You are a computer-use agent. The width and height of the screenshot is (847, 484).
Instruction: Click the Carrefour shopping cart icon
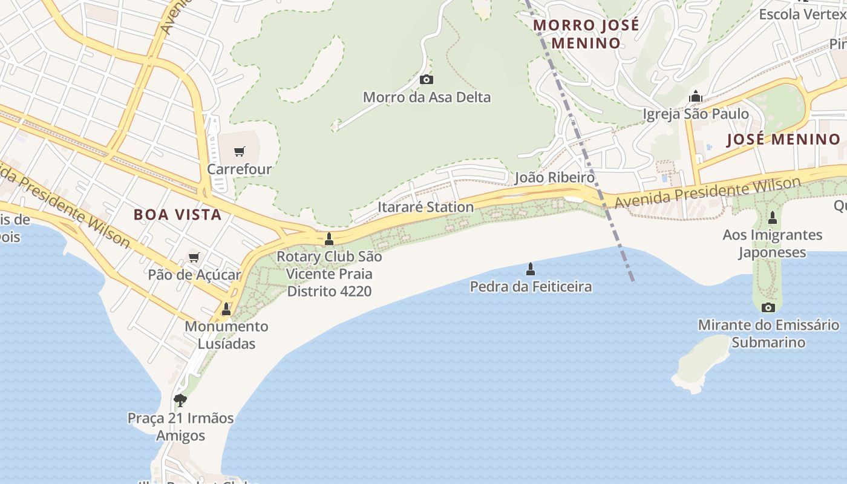240,151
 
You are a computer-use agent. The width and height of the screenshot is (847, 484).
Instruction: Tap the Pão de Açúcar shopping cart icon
194,258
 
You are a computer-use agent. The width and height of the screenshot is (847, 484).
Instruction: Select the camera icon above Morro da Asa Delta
427,79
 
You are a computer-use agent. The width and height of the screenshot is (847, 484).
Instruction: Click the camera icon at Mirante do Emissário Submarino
768,307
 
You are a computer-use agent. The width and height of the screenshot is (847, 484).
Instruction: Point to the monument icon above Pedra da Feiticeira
531,269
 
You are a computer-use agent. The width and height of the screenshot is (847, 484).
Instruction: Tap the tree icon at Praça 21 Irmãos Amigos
180,400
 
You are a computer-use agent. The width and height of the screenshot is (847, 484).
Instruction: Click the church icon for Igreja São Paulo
695,96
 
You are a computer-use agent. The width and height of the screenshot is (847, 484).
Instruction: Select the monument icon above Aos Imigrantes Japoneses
772,217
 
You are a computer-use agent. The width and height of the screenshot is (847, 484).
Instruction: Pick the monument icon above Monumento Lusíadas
226,309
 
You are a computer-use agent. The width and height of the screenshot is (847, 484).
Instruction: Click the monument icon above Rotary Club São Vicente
329,239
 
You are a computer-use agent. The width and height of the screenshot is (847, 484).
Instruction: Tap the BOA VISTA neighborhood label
177,214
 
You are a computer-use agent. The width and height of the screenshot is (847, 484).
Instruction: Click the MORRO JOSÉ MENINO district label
586,34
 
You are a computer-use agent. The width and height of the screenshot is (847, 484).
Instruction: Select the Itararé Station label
425,207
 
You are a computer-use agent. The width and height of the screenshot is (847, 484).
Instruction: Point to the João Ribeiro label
554,177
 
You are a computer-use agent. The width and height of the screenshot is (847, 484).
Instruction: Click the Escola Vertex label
802,14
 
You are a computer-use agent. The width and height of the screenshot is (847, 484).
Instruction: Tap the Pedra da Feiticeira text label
531,286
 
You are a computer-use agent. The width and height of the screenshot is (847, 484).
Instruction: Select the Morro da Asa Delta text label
427,97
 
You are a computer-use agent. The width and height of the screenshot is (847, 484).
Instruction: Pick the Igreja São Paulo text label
695,114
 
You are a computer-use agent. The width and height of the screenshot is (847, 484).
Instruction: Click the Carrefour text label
240,169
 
